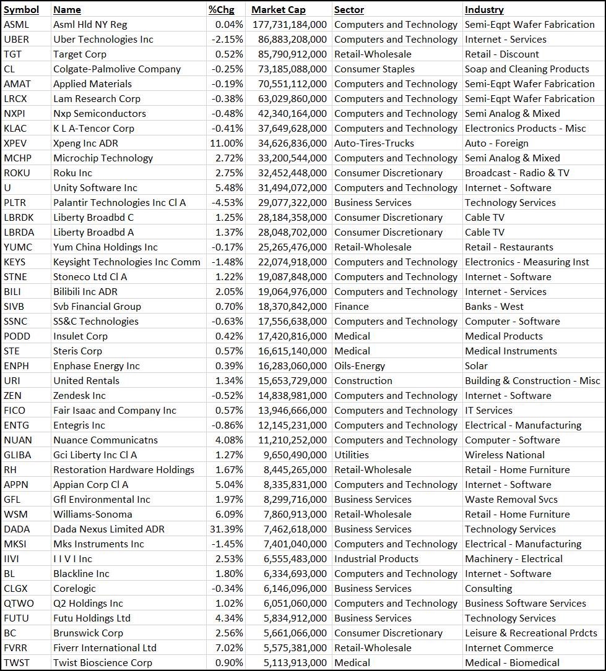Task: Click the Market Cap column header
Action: pos(278,10)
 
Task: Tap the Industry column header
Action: pos(484,10)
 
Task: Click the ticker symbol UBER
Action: pos(17,40)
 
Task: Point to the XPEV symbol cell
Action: pos(16,143)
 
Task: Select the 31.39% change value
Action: pos(227,529)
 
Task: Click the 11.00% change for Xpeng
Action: pos(227,143)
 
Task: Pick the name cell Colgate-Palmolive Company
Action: pos(117,69)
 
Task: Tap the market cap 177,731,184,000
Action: pos(289,25)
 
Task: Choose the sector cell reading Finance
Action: pos(351,307)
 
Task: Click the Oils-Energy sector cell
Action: pos(360,366)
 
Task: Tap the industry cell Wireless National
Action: pos(504,455)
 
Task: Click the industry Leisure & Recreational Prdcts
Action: pos(531,633)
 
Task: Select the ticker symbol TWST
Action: pos(16,663)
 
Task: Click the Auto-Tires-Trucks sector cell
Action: pos(374,143)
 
